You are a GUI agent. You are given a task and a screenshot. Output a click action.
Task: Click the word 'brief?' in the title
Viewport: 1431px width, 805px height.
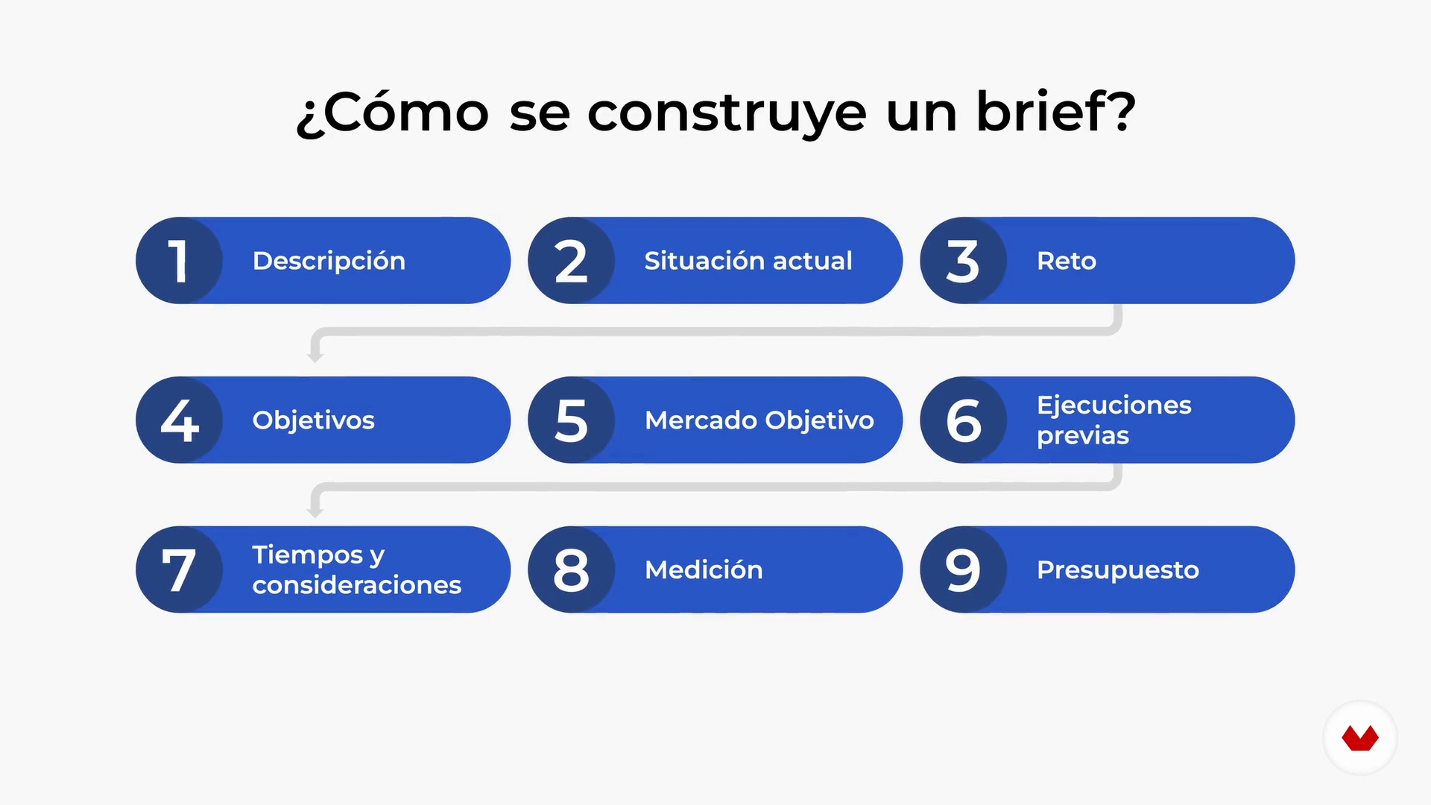1056,112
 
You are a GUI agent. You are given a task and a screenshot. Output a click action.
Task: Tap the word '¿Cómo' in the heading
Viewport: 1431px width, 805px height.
393,113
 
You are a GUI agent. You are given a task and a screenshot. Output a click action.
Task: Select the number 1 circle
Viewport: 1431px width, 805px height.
180,260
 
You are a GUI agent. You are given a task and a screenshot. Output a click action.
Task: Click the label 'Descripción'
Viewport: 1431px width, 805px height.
329,261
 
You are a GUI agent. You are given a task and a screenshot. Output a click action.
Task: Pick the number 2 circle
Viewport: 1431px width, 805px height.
572,260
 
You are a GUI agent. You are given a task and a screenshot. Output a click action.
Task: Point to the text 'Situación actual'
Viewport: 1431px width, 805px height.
748,261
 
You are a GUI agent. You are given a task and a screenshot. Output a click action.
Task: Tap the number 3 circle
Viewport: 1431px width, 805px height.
964,260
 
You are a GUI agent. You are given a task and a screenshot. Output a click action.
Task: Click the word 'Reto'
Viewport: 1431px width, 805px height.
1067,261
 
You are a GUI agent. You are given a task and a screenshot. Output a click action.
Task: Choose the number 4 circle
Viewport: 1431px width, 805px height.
180,420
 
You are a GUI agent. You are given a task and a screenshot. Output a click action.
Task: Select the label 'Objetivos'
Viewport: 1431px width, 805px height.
314,420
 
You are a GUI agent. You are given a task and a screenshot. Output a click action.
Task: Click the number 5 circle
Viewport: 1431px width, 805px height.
572,420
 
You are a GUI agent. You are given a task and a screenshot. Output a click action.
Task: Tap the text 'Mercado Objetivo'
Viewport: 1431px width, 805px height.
759,420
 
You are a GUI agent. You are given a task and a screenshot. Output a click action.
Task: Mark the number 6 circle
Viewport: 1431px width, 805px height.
964,420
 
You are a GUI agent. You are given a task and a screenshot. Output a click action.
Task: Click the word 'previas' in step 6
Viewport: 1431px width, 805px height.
1083,436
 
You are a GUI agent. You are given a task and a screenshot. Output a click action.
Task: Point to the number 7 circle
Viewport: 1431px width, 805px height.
180,569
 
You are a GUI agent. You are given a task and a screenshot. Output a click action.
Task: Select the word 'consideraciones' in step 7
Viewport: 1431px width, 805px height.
357,585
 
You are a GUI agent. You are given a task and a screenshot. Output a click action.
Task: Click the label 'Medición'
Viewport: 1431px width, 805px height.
704,569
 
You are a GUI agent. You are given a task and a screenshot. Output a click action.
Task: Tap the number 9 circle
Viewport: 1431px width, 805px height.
964,569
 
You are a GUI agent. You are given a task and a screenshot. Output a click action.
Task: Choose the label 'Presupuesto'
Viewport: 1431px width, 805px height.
1118,570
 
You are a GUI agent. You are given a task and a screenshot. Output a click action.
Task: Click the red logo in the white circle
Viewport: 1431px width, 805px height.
1360,738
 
